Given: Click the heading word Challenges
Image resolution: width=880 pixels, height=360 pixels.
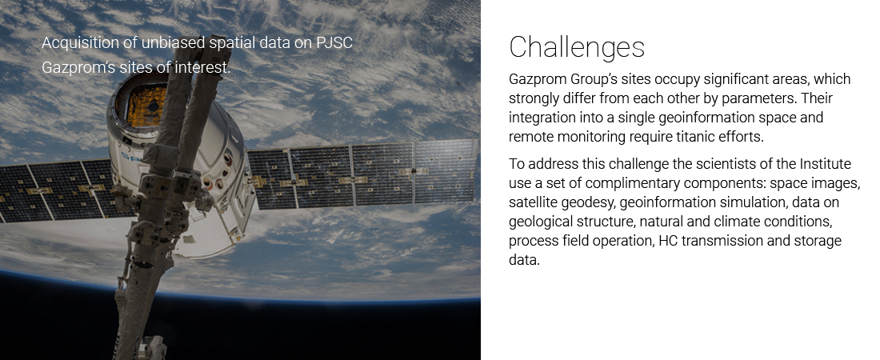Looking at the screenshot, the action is click(576, 47).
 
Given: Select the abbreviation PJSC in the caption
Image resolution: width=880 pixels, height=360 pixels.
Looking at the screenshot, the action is click(334, 42).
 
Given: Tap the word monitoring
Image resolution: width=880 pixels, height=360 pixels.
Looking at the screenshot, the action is click(591, 137).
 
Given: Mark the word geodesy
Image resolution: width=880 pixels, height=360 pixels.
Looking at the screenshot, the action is click(586, 202).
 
